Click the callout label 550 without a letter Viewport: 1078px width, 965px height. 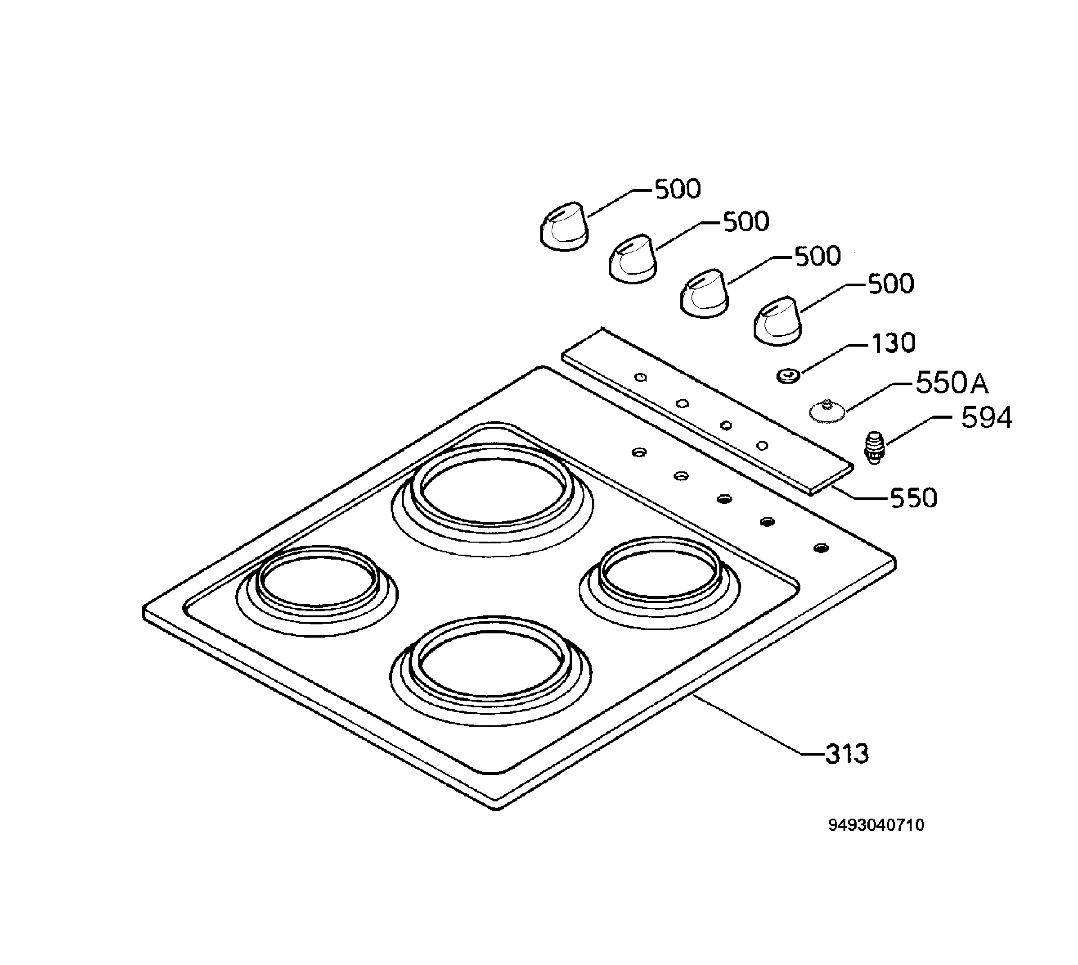point(914,498)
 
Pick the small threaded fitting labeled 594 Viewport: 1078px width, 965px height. point(875,448)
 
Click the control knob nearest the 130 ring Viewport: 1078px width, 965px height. point(778,320)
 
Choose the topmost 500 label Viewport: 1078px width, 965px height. point(678,189)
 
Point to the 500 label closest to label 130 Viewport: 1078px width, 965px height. point(891,284)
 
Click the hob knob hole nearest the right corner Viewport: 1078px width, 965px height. point(821,548)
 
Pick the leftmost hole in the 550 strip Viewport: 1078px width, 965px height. point(641,378)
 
